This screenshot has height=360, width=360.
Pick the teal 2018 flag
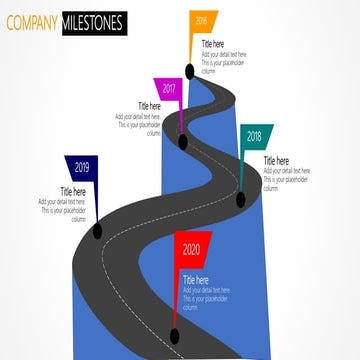click(253, 138)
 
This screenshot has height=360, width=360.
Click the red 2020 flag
click(190, 251)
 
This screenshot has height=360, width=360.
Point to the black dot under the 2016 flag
click(189, 71)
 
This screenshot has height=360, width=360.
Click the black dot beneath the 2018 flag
click(240, 200)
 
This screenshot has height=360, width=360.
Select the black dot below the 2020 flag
click(175, 335)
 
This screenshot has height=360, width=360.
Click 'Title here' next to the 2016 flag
click(213, 44)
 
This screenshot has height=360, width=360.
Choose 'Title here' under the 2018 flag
click(276, 160)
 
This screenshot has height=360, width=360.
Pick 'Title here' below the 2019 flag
click(72, 191)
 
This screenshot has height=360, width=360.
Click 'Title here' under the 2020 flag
click(195, 279)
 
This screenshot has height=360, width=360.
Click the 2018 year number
click(254, 136)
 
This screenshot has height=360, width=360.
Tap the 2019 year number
click(82, 167)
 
